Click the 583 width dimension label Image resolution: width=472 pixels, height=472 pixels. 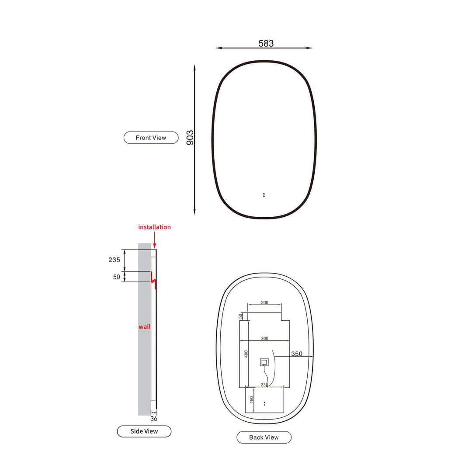(x=266, y=43)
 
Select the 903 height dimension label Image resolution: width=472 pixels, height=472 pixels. (x=190, y=138)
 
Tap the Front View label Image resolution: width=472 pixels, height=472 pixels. (x=151, y=138)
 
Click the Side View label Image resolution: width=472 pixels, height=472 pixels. (x=144, y=431)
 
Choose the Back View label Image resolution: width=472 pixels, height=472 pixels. (x=264, y=437)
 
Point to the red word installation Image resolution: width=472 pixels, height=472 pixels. (x=154, y=227)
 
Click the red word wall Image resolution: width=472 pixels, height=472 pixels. (x=144, y=326)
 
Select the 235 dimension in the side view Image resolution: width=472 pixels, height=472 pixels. (x=114, y=260)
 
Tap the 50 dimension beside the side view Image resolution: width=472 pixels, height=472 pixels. (x=116, y=277)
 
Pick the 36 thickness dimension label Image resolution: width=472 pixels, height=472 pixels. (x=153, y=418)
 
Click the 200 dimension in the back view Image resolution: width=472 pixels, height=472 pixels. (x=264, y=302)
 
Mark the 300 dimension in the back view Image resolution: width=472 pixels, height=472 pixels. (x=264, y=339)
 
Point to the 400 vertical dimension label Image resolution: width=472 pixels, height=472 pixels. (x=246, y=354)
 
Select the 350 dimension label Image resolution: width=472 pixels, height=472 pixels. (x=296, y=354)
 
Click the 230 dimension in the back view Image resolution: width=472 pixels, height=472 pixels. (x=264, y=385)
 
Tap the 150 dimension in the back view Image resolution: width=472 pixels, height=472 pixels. (x=252, y=399)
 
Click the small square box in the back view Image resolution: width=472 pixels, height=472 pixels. (x=264, y=362)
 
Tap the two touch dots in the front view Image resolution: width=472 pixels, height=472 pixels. (x=264, y=195)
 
